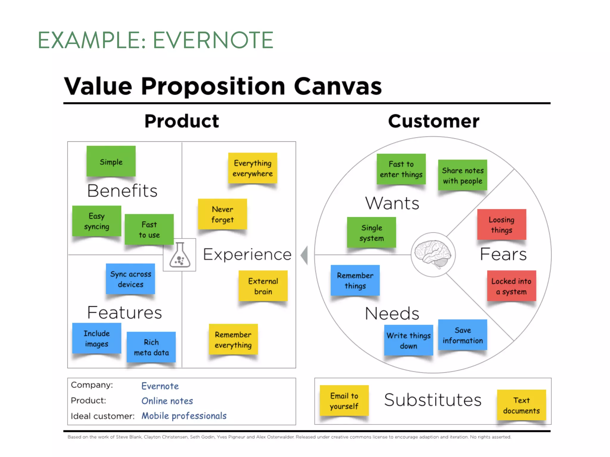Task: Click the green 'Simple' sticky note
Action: coord(111,161)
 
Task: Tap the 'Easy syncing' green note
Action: coord(97,221)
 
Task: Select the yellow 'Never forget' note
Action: coord(222,214)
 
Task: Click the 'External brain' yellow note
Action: coord(263,286)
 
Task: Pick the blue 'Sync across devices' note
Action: coord(130,279)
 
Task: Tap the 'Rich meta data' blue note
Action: coord(151,347)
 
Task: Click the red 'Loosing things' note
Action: coord(502,225)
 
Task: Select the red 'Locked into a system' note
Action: coord(511,286)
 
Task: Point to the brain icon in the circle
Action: coord(433,254)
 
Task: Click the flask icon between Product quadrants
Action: coord(180,255)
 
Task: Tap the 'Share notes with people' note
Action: coord(463,175)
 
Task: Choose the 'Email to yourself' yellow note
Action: coord(344,400)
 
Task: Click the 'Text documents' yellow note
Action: coord(521,405)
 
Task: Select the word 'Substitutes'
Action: coord(432,400)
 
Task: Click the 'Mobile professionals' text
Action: coord(184,416)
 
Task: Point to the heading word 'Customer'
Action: coord(434,121)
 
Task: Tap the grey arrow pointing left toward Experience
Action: coord(304,255)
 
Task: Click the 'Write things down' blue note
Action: coord(408,340)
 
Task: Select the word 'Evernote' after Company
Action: coord(160,386)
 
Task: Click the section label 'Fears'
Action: coord(503,254)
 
